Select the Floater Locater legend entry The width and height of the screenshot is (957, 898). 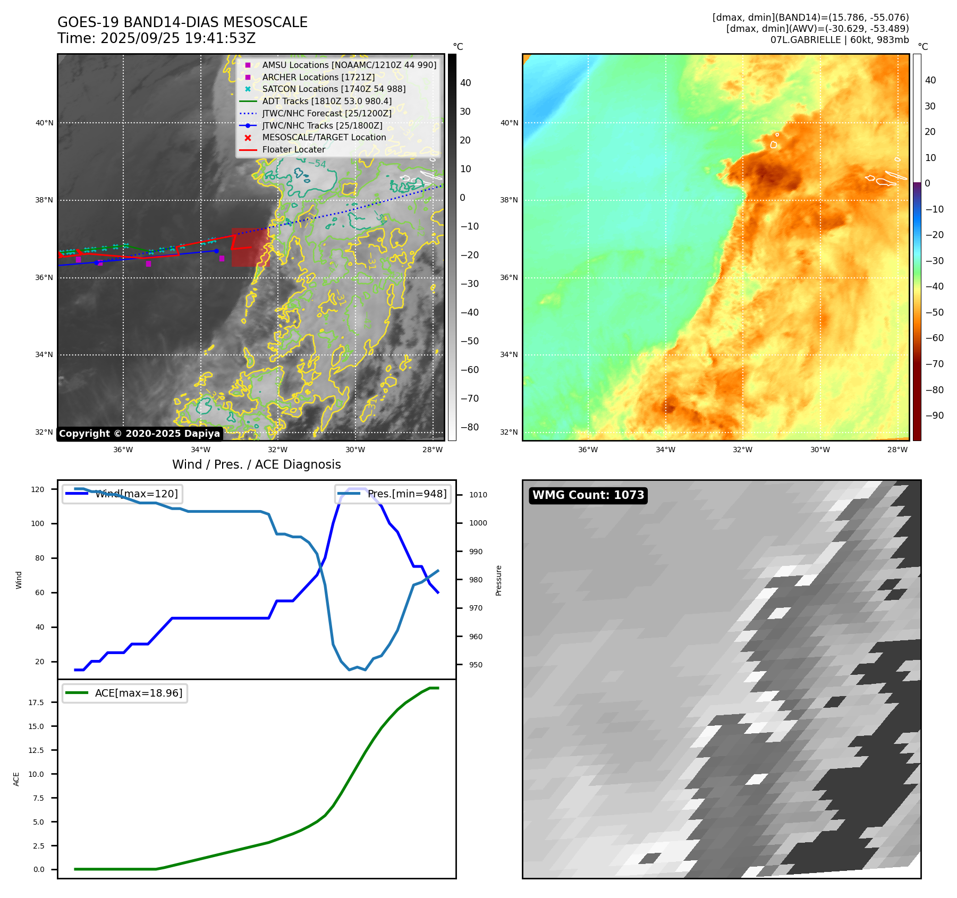(x=293, y=149)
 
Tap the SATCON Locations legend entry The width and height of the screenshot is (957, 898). (x=333, y=89)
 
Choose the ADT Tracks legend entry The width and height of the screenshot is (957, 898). (x=326, y=101)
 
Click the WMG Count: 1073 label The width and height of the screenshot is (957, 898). (x=588, y=495)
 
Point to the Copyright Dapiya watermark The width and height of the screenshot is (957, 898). (x=139, y=434)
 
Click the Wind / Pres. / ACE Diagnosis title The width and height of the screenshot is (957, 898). (x=256, y=464)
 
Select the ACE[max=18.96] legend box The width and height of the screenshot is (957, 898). (x=125, y=693)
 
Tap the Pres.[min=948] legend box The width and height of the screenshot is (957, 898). (x=393, y=494)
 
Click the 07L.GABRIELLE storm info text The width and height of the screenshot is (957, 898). (x=839, y=40)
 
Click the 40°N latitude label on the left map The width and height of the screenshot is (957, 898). (x=45, y=123)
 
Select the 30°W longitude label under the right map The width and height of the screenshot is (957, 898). (x=820, y=450)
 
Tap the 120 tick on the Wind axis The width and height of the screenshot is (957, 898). (x=38, y=489)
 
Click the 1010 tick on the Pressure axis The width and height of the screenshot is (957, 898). (x=478, y=495)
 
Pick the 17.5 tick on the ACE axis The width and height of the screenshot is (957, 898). (x=36, y=702)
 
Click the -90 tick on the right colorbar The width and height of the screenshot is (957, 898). (x=934, y=416)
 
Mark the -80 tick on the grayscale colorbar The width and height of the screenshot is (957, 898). (x=469, y=427)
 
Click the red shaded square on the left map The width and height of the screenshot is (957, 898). (x=250, y=247)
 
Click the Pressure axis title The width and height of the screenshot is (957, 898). (x=498, y=580)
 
